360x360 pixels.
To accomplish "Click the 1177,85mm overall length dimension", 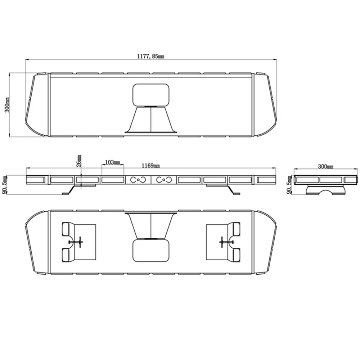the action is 150,56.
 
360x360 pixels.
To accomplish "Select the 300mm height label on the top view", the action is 7,105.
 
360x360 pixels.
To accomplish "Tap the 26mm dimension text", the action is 79,161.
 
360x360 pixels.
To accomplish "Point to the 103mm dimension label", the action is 112,162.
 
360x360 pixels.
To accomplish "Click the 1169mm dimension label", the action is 150,166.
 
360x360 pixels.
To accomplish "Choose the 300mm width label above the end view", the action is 325,166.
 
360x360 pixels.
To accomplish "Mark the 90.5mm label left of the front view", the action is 5,185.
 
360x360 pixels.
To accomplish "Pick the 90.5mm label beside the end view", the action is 289,185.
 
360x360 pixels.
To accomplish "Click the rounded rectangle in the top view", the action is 151,95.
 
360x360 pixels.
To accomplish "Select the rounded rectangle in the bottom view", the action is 151,251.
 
